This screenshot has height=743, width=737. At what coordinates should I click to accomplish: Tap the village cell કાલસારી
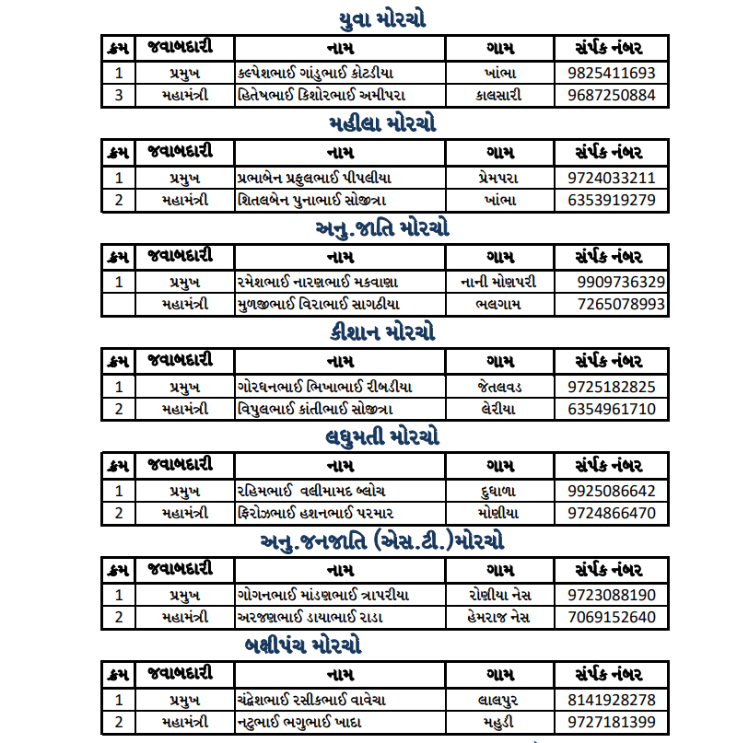click(x=500, y=95)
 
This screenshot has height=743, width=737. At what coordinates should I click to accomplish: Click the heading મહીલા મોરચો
click(x=381, y=123)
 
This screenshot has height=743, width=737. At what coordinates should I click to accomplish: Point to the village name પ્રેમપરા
click(x=500, y=178)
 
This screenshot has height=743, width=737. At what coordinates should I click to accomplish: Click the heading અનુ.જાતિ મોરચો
click(x=381, y=227)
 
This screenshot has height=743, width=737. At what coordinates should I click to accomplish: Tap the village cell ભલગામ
click(x=500, y=304)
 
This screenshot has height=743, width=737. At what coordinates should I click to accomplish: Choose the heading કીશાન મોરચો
click(x=381, y=331)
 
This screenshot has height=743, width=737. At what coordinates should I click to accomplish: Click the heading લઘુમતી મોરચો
click(x=381, y=436)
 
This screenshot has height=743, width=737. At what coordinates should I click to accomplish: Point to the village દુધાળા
click(x=500, y=491)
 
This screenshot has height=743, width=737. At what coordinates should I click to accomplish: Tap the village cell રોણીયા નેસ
click(x=500, y=595)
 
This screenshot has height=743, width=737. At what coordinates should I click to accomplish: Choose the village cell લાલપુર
click(x=500, y=700)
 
